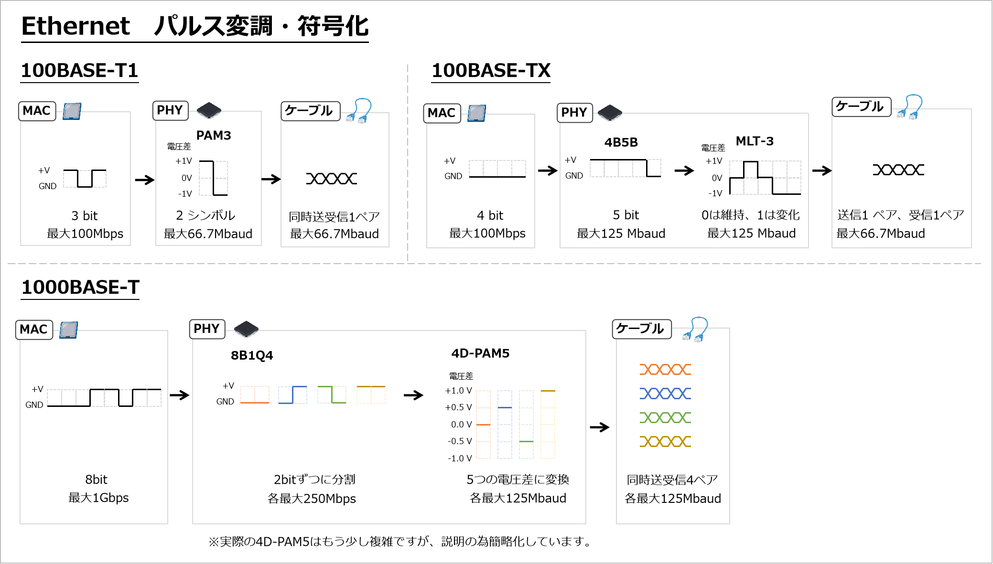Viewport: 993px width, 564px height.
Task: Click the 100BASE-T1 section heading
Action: click(79, 71)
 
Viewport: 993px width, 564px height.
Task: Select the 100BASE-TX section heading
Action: click(491, 71)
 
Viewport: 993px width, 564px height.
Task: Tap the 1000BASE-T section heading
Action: click(80, 287)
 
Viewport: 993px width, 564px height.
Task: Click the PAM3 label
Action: click(214, 136)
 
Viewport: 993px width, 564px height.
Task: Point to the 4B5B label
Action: click(621, 142)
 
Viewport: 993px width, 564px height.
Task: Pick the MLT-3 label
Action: click(755, 141)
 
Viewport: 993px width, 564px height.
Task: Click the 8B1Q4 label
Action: click(252, 355)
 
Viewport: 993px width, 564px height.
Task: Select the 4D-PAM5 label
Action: click(480, 353)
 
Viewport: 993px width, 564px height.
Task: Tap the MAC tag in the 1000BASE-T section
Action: click(34, 330)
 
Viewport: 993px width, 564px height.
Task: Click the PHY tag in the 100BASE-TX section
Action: click(574, 113)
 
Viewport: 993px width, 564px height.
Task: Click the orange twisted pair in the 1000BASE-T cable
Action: click(665, 369)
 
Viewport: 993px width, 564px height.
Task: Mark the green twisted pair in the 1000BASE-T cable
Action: click(665, 417)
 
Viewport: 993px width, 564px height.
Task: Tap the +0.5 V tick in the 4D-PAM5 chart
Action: click(458, 407)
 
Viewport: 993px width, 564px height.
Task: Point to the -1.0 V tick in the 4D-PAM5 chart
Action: click(460, 458)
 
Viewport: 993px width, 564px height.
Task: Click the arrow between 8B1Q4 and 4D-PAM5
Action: click(413, 395)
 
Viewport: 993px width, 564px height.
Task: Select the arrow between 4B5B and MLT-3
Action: click(684, 170)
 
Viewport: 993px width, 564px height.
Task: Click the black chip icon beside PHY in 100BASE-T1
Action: click(209, 110)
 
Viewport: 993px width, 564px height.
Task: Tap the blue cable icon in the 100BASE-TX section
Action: click(910, 107)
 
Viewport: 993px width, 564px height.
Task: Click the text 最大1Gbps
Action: click(98, 498)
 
